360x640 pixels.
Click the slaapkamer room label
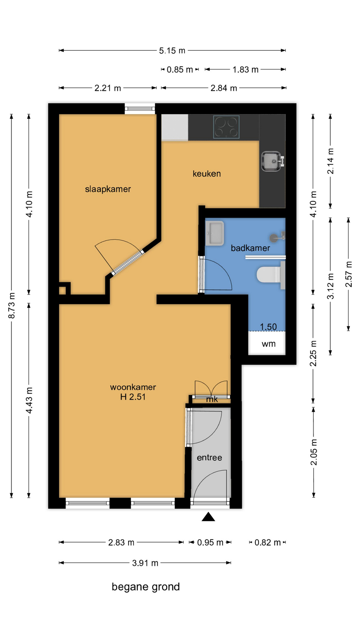[108, 189]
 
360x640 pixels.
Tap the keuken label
[207, 173]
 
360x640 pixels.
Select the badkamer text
[250, 248]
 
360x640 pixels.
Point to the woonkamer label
[133, 387]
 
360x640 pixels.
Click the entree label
[209, 457]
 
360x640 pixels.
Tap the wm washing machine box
[267, 343]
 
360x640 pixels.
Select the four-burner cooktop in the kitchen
[226, 127]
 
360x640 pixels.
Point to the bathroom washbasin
[214, 233]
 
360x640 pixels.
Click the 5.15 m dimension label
[172, 51]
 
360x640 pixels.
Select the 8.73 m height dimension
[12, 305]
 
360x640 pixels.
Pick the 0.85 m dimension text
[180, 70]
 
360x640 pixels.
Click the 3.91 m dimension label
[145, 563]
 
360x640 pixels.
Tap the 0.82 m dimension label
[267, 542]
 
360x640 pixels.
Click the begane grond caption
[146, 587]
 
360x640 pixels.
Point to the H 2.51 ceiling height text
[133, 397]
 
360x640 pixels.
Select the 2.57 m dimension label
[348, 274]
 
